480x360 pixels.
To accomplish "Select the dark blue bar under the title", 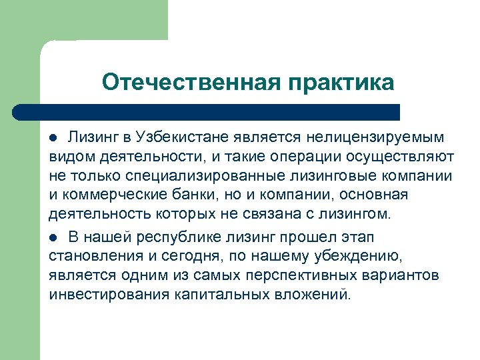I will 207,111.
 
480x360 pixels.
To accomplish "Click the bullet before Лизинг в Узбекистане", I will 55,138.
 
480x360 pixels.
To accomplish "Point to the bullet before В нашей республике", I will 55,238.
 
